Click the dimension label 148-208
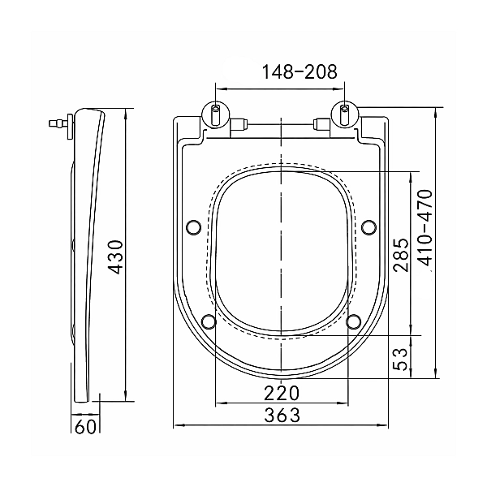pos(280,72)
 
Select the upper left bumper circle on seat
pos(193,226)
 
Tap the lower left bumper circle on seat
pos(208,321)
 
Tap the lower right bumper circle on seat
pos(354,321)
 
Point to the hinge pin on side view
pos(58,124)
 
